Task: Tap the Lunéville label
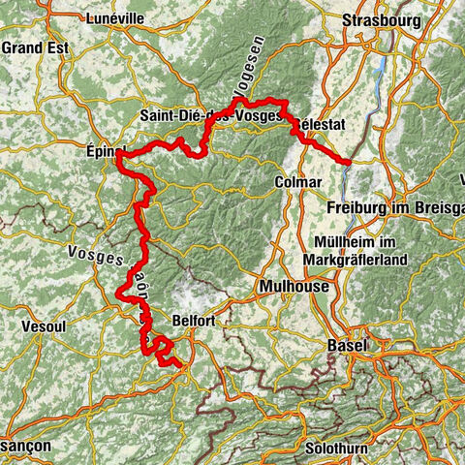click(113, 18)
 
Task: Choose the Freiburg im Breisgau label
click(392, 207)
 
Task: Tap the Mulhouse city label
click(294, 287)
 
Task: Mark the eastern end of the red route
click(349, 160)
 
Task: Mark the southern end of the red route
click(179, 364)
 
